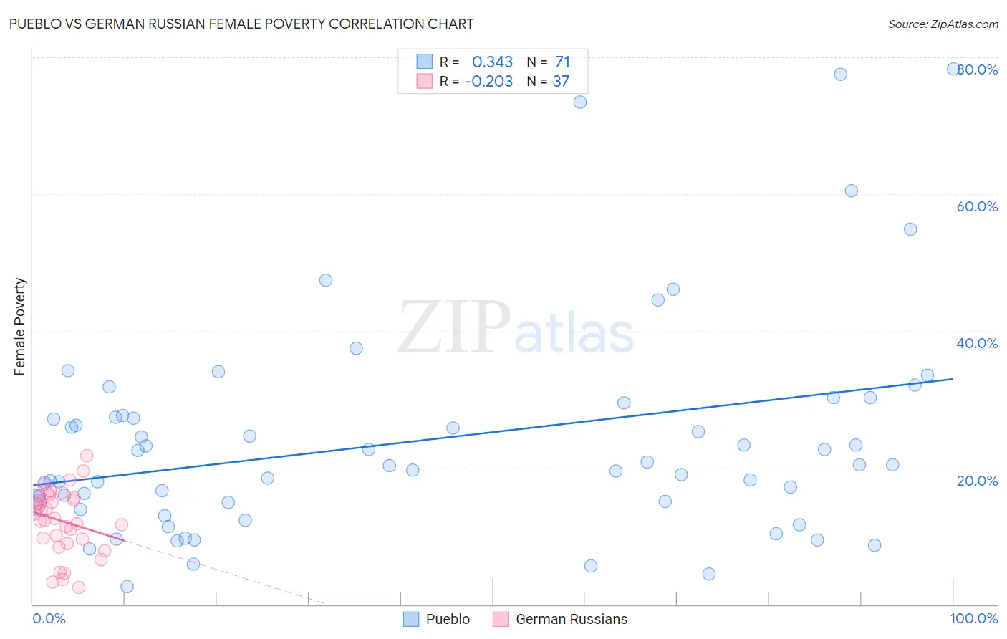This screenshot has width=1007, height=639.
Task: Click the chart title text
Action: [x=241, y=24]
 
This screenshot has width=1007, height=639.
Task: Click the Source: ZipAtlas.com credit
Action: [x=943, y=24]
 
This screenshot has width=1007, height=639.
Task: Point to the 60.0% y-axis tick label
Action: [x=977, y=206]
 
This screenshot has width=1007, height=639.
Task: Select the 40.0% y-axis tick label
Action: [x=977, y=343]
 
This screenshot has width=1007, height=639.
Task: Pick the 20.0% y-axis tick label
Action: [x=977, y=481]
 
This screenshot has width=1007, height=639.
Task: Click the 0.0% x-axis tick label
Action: [x=49, y=618]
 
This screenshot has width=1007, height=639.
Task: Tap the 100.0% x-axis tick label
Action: [x=973, y=618]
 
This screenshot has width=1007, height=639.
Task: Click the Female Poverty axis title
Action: [x=20, y=327]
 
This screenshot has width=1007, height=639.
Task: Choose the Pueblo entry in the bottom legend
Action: [x=437, y=619]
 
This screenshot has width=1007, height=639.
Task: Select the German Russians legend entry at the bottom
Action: [x=561, y=619]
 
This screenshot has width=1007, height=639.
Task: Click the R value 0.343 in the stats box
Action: [x=492, y=62]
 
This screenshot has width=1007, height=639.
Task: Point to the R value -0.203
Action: [x=488, y=82]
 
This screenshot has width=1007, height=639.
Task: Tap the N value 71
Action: [x=562, y=62]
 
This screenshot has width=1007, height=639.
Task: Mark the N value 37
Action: [x=561, y=82]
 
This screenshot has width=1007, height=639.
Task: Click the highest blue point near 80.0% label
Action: [x=953, y=69]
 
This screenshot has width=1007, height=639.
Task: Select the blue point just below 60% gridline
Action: [x=851, y=191]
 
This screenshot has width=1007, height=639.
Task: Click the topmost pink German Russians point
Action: [x=87, y=456]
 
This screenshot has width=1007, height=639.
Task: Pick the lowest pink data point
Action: [x=79, y=587]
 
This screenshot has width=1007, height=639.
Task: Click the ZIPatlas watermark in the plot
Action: [x=516, y=328]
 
